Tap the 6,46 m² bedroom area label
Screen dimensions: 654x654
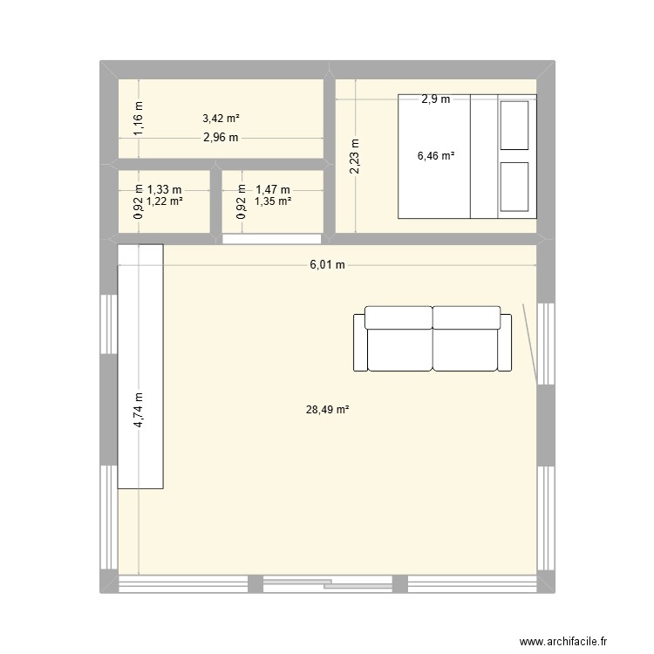pos(436,156)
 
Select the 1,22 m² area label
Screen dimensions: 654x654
pos(164,201)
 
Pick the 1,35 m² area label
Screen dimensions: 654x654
pos(272,201)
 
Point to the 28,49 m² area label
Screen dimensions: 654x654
pos(328,408)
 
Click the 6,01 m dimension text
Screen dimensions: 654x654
pos(327,265)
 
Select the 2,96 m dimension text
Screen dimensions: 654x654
pos(221,138)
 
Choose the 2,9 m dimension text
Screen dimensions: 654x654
pos(435,99)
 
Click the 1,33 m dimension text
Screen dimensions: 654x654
pos(164,188)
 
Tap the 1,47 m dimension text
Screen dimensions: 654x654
pos(272,188)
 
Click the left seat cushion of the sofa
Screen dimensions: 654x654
pos(399,349)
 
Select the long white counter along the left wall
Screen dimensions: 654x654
pos(140,366)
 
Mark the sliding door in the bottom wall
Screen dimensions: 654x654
pos(327,582)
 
